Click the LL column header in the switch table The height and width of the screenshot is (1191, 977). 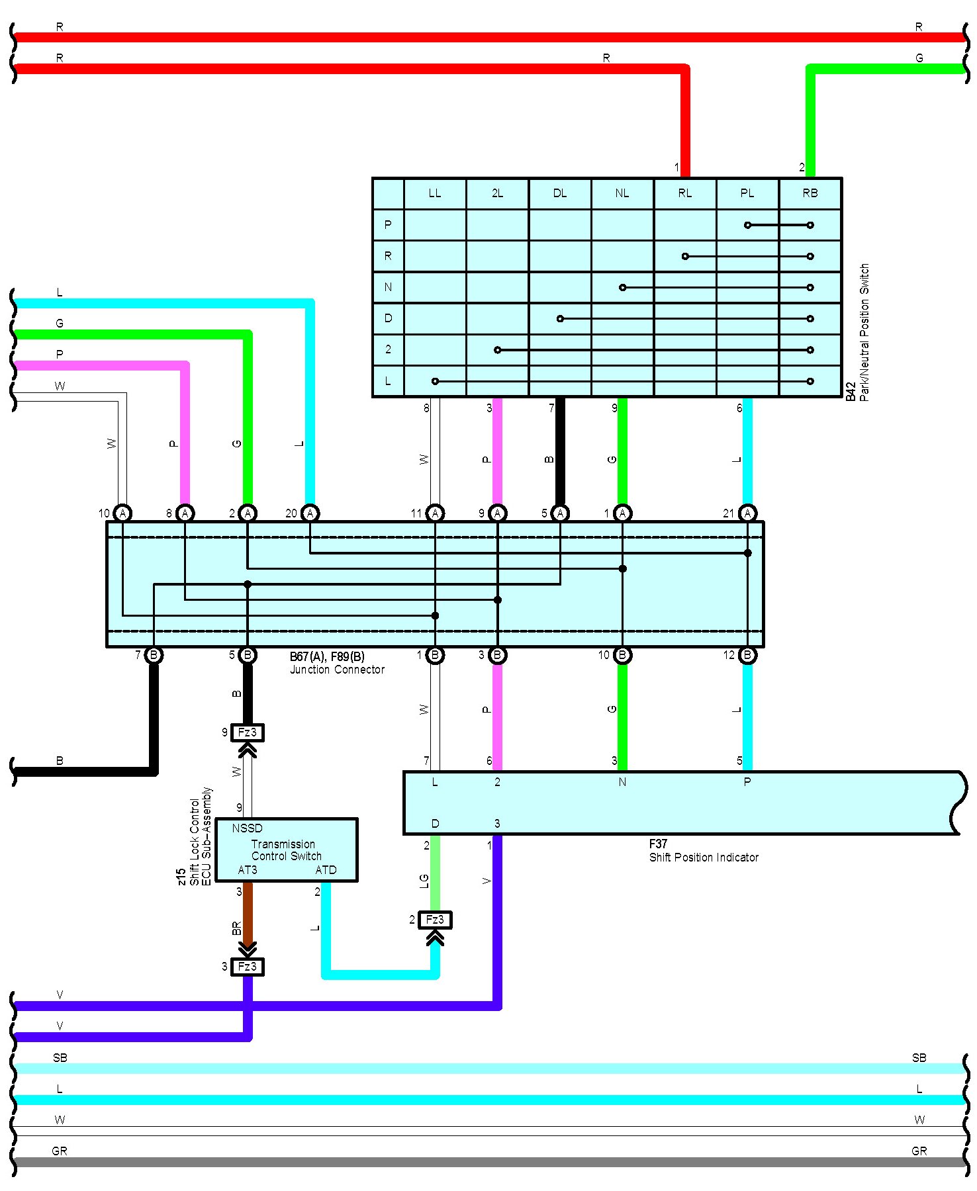[434, 193]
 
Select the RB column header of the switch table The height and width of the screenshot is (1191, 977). [810, 193]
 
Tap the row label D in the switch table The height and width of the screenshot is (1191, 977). [388, 318]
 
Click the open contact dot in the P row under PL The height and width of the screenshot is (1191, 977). [747, 225]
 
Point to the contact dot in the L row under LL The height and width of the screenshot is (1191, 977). [435, 381]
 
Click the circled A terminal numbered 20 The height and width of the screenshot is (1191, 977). [310, 513]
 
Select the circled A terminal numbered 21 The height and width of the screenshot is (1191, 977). [747, 513]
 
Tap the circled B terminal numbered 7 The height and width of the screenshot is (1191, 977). [154, 655]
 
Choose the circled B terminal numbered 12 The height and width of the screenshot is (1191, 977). [747, 655]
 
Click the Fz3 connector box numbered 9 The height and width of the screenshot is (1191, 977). [247, 732]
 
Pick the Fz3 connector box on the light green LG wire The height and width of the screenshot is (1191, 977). [435, 920]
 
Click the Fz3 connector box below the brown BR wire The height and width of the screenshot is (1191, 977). [247, 967]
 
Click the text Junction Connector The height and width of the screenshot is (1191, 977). [337, 670]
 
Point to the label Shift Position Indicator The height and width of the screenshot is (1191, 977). [703, 858]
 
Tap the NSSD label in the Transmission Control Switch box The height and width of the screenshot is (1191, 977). [247, 828]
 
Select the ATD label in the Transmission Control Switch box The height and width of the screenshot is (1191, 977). [326, 870]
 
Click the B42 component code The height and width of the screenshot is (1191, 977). [851, 390]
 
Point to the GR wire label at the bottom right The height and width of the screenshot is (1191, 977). [919, 1151]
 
